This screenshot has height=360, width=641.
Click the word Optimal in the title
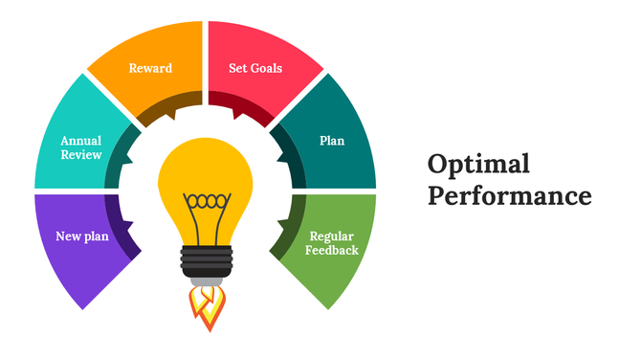(478, 164)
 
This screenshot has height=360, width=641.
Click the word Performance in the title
(509, 196)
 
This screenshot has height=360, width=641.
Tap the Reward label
(150, 68)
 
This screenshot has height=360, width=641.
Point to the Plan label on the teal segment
(331, 141)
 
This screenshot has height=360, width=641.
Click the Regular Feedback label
(333, 243)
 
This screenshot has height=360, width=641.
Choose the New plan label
(81, 236)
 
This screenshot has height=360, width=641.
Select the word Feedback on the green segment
(333, 251)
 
